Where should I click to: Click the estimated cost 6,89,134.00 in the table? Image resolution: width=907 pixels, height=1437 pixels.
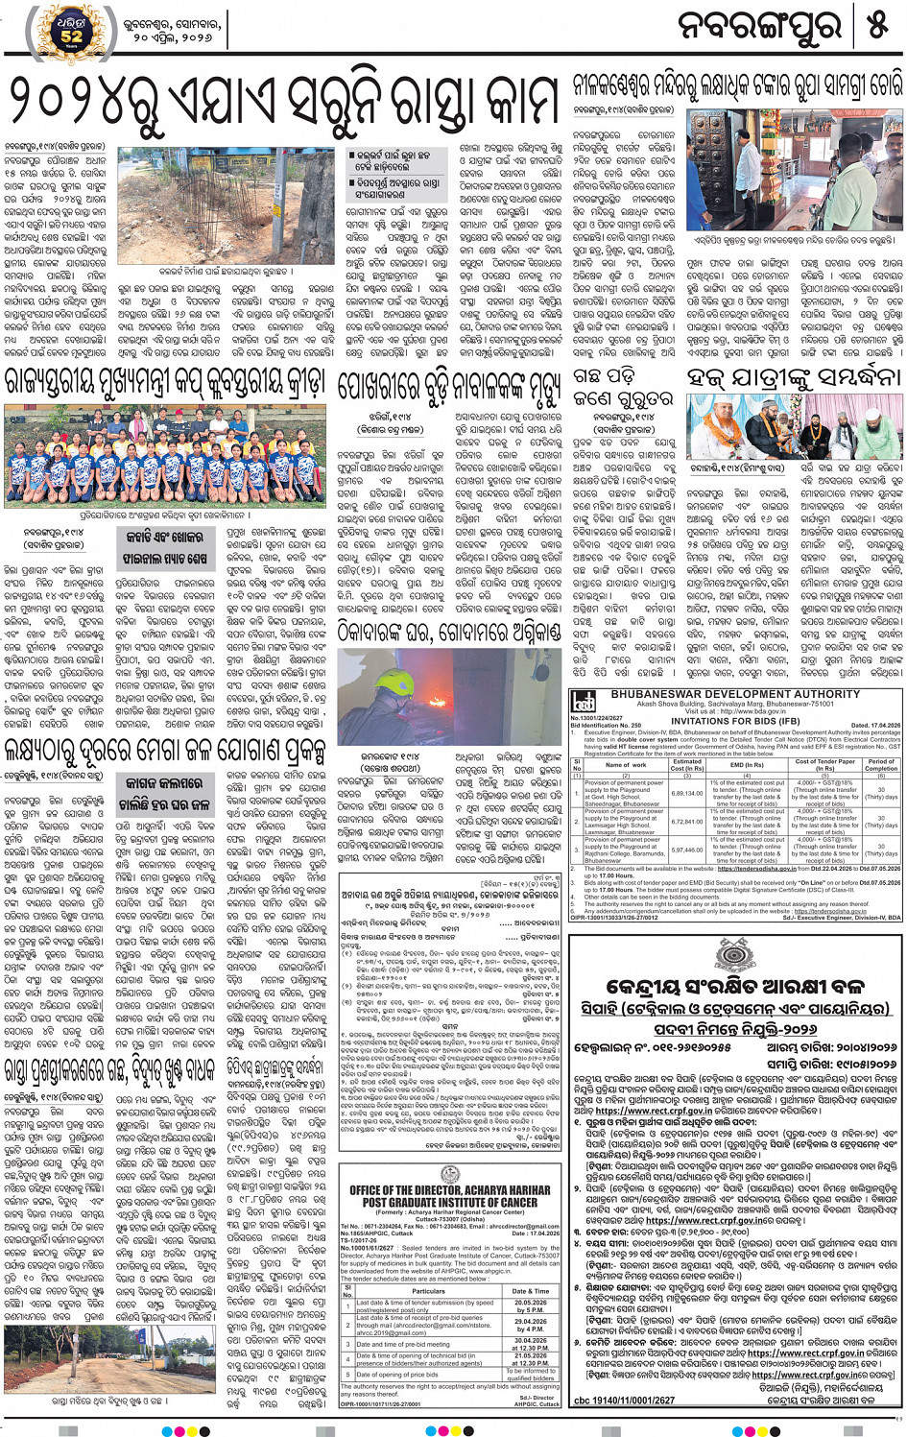pyautogui.click(x=687, y=793)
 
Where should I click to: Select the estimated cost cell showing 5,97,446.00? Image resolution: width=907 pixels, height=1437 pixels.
pyautogui.click(x=687, y=850)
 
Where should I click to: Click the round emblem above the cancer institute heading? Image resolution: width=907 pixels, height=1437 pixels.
pyautogui.click(x=450, y=1175)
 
